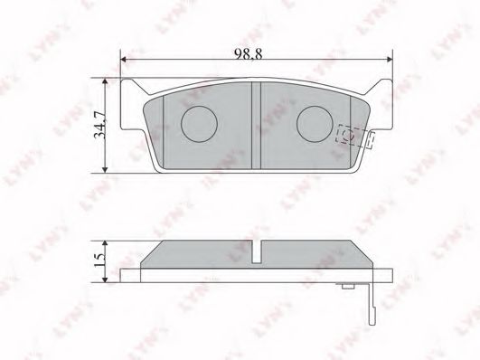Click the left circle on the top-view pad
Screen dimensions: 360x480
point(197,119)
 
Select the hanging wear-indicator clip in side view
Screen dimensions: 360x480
point(372,298)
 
